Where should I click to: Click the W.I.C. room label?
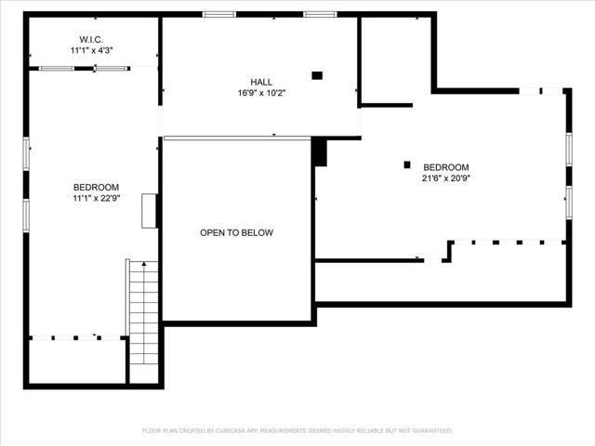[90, 39]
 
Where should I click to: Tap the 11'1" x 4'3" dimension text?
[90, 51]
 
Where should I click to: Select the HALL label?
[261, 82]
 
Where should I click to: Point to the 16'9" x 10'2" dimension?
[261, 93]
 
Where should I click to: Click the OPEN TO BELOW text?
[236, 232]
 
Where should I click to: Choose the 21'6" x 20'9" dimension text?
[446, 178]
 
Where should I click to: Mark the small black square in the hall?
[317, 75]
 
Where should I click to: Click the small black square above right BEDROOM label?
[407, 164]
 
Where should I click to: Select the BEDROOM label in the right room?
[446, 167]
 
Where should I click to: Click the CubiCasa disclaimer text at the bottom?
[297, 430]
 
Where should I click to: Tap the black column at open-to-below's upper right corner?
[320, 151]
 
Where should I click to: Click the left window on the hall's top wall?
[219, 14]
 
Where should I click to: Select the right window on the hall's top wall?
[320, 14]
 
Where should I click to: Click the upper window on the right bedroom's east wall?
[568, 149]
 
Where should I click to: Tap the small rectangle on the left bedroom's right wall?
[148, 211]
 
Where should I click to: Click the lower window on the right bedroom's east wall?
[568, 202]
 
